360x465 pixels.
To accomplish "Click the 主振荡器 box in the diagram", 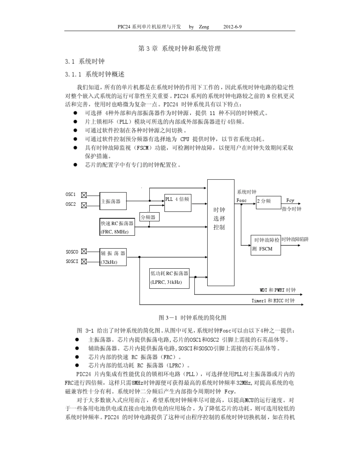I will (113, 201).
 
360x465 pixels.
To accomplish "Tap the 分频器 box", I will (150, 217).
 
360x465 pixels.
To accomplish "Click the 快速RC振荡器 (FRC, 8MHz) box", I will (117, 227).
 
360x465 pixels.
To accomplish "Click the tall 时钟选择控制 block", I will (221, 233).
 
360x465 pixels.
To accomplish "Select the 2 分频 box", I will (268, 202).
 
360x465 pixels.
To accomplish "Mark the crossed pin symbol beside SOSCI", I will (84, 261).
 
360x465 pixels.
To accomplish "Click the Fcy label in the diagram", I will (290, 200).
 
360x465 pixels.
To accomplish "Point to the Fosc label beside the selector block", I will (241, 200).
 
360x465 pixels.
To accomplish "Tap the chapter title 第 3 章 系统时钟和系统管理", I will (179, 49).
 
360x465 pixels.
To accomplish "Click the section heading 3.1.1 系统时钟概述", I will (95, 74).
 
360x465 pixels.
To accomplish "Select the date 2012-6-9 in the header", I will (233, 27).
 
